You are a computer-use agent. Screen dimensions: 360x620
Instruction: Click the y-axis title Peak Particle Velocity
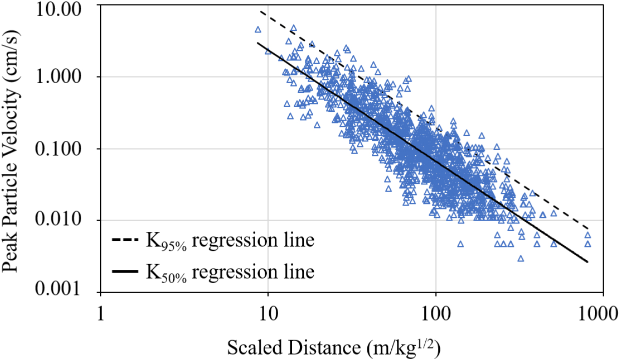tap(13, 150)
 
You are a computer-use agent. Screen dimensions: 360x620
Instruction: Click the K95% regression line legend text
tap(230, 240)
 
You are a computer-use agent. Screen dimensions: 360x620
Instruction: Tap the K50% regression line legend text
tap(230, 272)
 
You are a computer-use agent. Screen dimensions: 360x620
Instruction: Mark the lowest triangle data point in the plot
tap(521, 258)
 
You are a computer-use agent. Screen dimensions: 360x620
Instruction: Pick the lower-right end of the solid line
tap(588, 261)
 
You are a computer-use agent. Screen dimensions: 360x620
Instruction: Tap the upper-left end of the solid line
tap(258, 43)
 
